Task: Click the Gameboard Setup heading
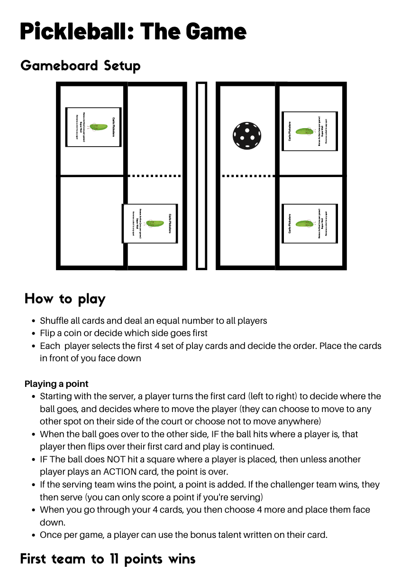81,66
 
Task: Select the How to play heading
65,299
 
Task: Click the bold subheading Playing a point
56,384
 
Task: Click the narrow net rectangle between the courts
201,176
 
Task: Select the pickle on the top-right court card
303,131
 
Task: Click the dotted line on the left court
155,176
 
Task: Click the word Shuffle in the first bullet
55,320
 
